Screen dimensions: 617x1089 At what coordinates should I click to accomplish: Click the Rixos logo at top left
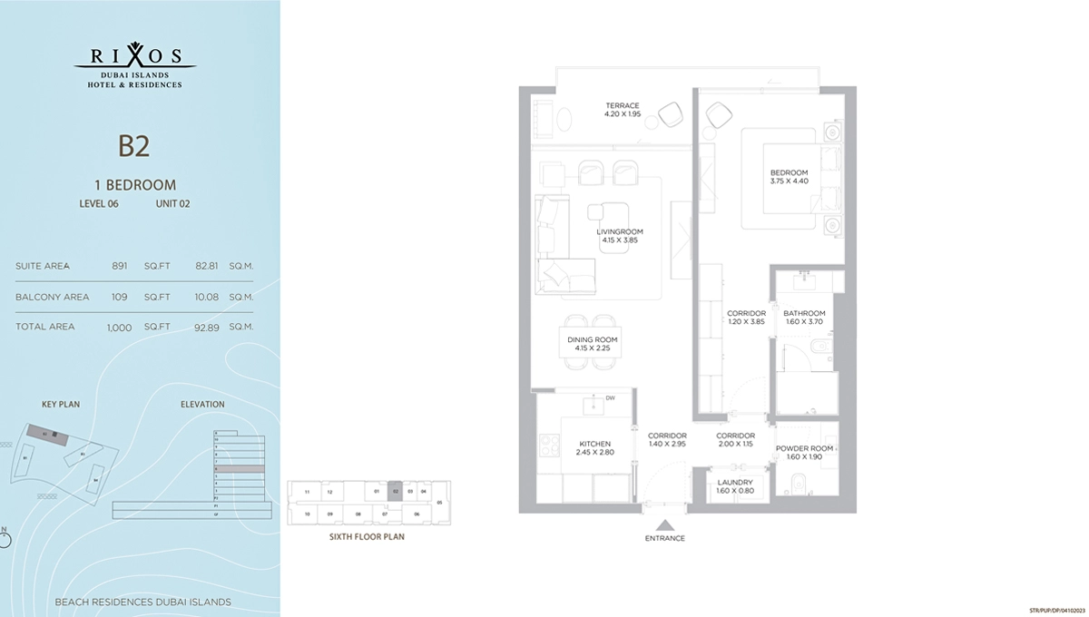pos(134,64)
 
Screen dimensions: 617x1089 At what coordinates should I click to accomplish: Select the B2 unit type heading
pos(133,146)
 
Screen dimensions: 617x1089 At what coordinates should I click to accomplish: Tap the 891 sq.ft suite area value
pos(118,267)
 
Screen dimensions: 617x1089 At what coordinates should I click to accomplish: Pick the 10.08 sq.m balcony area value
pos(209,297)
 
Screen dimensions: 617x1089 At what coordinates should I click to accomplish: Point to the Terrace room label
pos(622,110)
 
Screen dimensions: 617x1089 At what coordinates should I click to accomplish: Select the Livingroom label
pos(618,235)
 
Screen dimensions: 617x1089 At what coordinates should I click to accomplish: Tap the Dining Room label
pos(591,343)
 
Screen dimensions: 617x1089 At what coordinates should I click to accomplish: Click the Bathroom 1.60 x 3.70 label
pos(802,318)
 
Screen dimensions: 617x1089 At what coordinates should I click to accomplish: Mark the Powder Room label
pos(803,453)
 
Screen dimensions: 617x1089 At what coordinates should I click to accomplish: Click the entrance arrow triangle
pos(666,524)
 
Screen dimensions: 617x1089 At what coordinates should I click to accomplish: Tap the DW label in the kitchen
pos(612,397)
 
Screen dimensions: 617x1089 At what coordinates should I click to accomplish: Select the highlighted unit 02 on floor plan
pos(396,491)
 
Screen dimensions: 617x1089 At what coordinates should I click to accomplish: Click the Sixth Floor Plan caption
pos(366,537)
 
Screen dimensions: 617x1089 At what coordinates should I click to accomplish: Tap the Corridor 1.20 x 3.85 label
pos(746,318)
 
